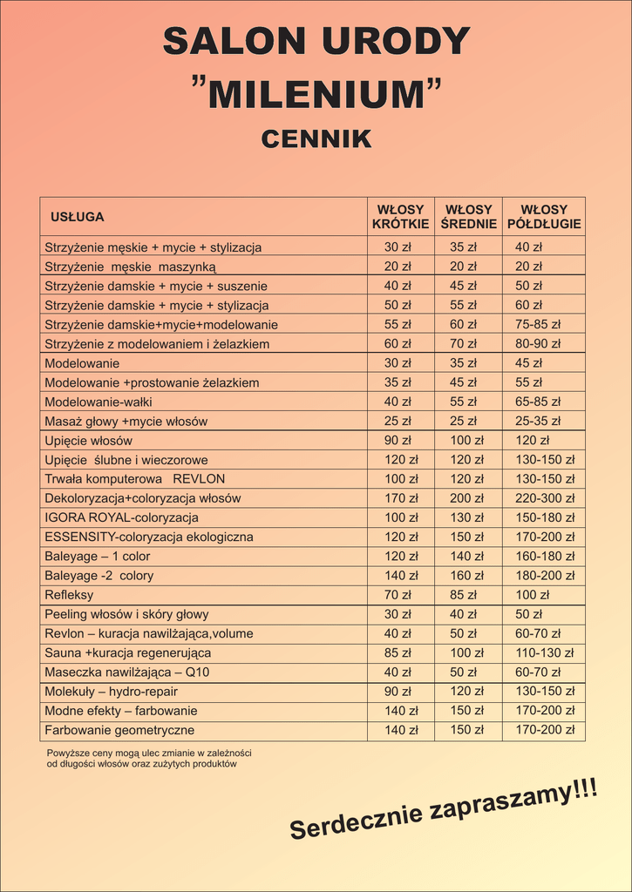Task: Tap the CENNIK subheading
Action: point(316,139)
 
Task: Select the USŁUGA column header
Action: point(78,217)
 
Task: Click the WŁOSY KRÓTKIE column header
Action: point(400,217)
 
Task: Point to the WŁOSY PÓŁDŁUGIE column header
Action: point(544,217)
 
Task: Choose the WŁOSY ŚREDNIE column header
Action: point(469,217)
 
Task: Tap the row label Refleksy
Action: point(69,595)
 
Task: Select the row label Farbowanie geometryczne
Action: point(119,730)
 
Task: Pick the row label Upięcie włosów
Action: point(88,441)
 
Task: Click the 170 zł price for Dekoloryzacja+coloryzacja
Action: point(401,498)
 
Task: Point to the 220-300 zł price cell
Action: point(545,498)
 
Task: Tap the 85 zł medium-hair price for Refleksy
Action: point(463,595)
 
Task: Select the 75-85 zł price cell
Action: point(538,325)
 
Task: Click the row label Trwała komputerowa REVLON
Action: point(134,479)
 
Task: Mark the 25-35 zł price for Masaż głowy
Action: point(538,422)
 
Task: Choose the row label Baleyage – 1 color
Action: point(97,557)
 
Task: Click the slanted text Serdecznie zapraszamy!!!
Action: point(444,811)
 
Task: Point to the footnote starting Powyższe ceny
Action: point(148,758)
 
